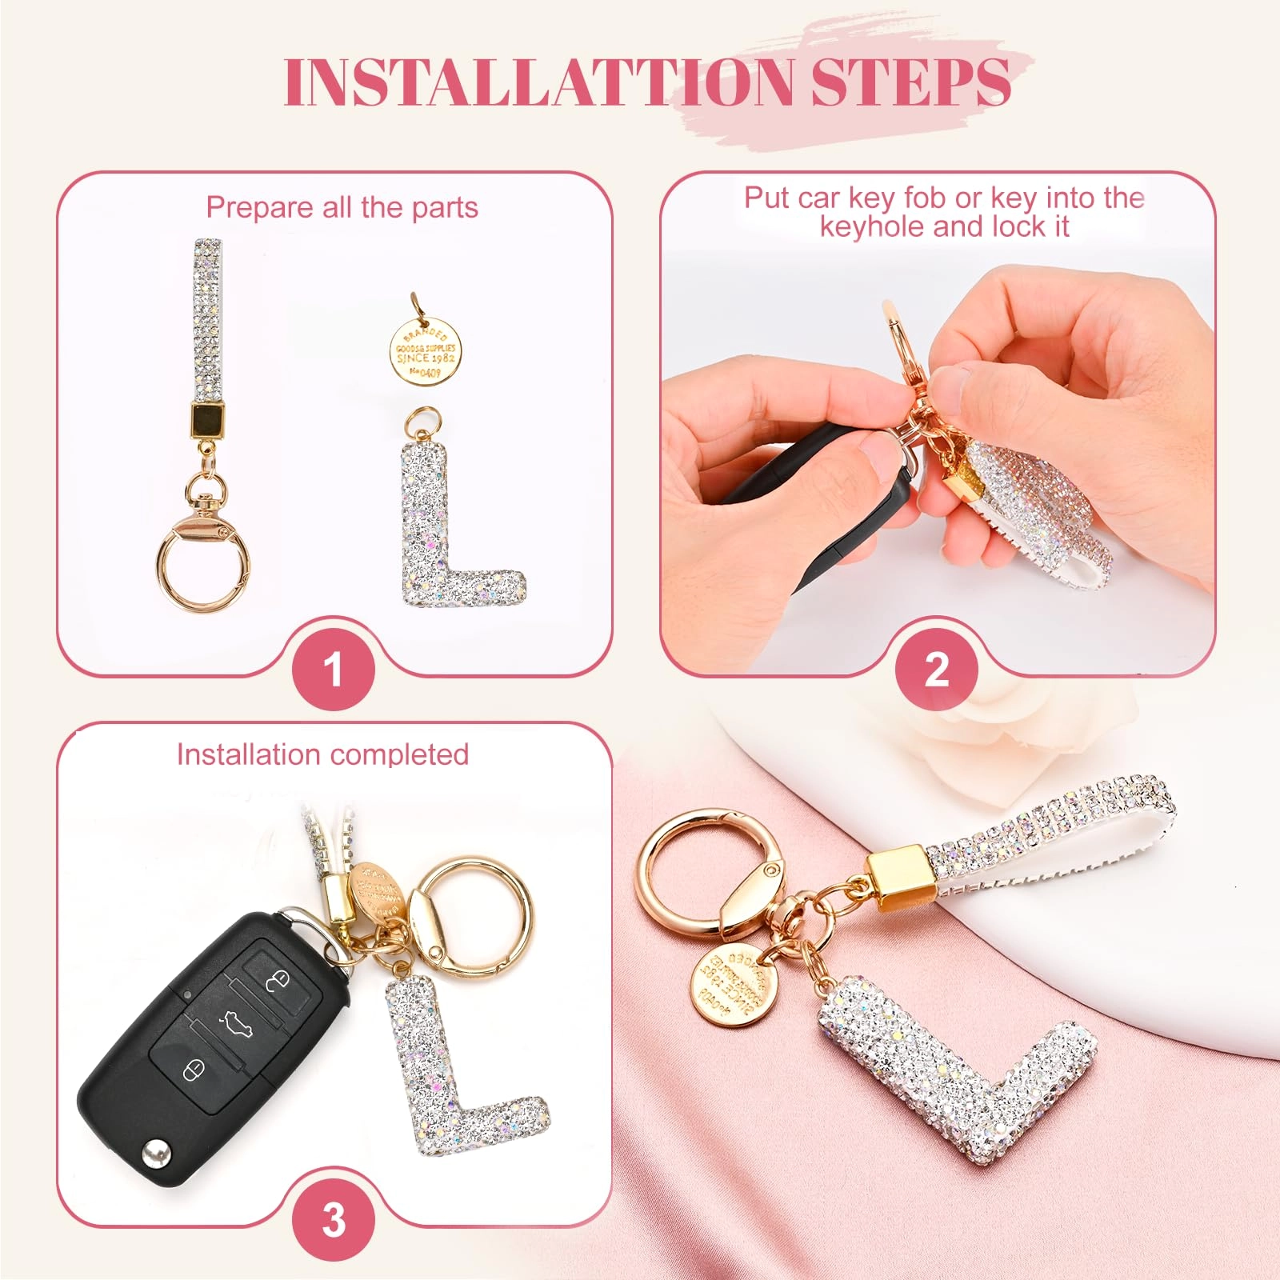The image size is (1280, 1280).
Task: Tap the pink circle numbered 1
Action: tap(333, 669)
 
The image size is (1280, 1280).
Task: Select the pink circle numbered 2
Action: tap(936, 669)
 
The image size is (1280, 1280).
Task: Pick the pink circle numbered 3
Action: tap(333, 1219)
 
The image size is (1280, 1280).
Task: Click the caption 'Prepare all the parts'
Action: tap(342, 207)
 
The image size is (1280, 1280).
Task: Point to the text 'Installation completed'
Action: tap(322, 754)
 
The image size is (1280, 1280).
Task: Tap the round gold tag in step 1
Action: tap(426, 353)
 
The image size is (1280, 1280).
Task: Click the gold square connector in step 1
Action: tap(207, 418)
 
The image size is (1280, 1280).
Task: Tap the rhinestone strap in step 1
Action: tap(207, 320)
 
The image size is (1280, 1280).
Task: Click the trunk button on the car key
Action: tap(236, 1022)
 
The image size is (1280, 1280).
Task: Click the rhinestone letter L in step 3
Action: tap(448, 1072)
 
